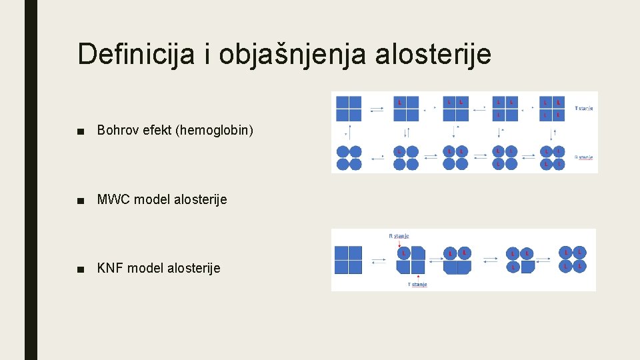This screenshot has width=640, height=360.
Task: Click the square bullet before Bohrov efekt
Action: pyautogui.click(x=81, y=131)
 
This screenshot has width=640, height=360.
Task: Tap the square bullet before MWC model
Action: pyautogui.click(x=81, y=200)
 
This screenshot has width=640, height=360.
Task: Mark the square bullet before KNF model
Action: pyautogui.click(x=81, y=269)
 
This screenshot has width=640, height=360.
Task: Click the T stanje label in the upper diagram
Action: pyautogui.click(x=583, y=108)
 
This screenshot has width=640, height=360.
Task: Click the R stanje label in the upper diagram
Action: pyautogui.click(x=583, y=158)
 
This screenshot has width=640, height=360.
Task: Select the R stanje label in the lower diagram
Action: pyautogui.click(x=399, y=235)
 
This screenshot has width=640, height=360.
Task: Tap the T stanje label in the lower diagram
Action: pyautogui.click(x=417, y=285)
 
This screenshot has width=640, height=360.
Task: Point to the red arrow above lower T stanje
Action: pyautogui.click(x=417, y=275)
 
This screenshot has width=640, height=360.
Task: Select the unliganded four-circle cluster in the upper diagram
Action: pyautogui.click(x=349, y=158)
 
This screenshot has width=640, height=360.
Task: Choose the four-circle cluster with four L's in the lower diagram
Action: pyautogui.click(x=572, y=259)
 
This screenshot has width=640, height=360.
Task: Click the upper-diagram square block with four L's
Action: pyautogui.click(x=551, y=109)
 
